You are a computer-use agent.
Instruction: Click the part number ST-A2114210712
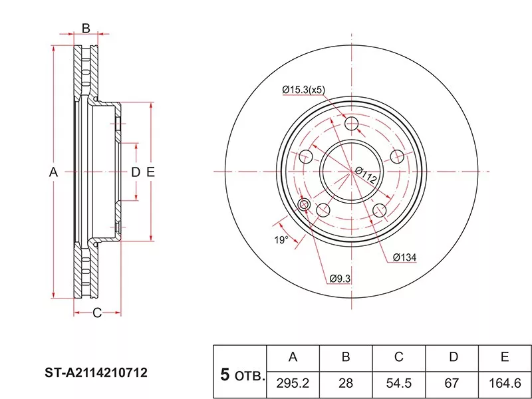click(96, 373)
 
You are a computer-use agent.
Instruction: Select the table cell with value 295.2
click(293, 384)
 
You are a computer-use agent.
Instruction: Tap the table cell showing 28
click(346, 384)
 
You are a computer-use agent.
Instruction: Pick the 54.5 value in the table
click(398, 384)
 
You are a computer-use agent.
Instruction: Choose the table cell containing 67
click(452, 384)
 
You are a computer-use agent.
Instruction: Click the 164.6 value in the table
click(505, 384)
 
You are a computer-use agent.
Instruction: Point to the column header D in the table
click(454, 357)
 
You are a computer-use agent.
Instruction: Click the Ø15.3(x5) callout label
click(304, 90)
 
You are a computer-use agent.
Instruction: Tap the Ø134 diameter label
click(404, 257)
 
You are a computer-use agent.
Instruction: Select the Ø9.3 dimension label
click(340, 279)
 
